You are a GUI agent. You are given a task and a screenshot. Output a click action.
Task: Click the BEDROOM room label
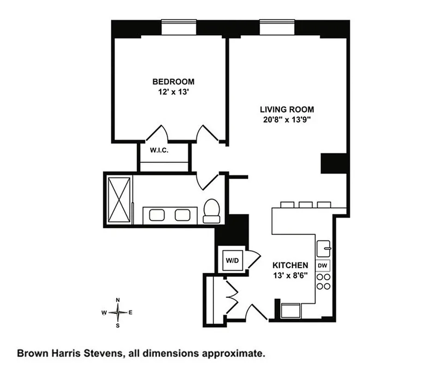tap(173, 82)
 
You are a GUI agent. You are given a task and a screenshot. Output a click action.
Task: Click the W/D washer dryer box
tap(232, 260)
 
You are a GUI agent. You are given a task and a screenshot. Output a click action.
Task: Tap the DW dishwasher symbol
tap(323, 265)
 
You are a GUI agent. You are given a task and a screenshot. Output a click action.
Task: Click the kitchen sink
tap(323, 250)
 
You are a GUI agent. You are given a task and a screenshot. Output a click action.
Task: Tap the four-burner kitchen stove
tap(323, 281)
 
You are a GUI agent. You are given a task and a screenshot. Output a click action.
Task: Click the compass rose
tap(118, 313)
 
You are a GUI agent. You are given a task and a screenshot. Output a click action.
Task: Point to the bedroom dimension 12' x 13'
tap(173, 92)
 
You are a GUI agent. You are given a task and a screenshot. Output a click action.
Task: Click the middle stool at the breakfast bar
tap(305, 204)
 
